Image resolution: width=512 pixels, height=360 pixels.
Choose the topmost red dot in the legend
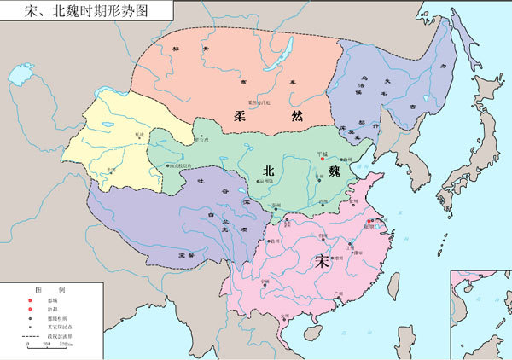pos(31,301)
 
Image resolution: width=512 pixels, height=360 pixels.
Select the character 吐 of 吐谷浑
pos(201,180)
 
